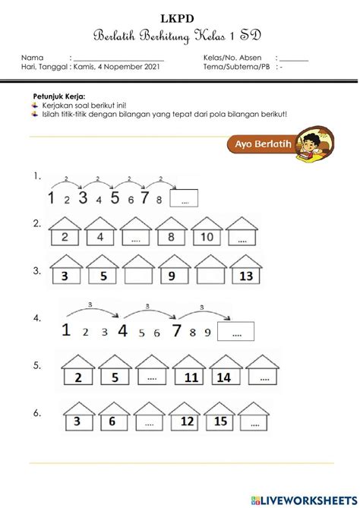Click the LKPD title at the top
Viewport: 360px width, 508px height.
[181, 17]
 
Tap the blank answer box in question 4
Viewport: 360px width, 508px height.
[235, 331]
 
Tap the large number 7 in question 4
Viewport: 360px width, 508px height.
[177, 330]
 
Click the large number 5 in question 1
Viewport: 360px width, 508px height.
[115, 199]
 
